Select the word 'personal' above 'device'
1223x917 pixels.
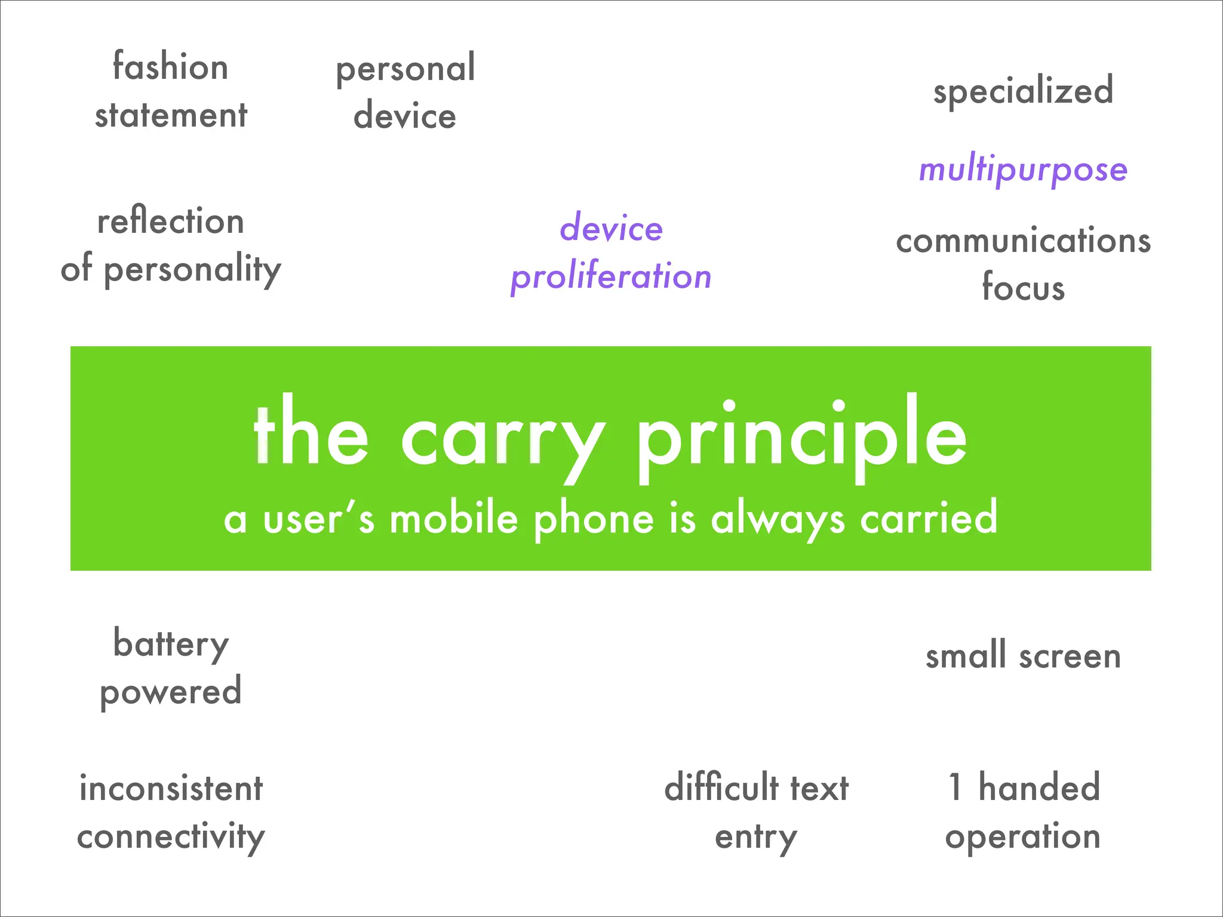[405, 69]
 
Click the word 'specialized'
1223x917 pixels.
[1023, 91]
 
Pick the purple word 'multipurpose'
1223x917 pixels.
[1023, 170]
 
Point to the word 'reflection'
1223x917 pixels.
[171, 221]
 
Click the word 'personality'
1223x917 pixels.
[192, 269]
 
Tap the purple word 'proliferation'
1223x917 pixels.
[611, 276]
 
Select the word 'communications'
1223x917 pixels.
[1023, 241]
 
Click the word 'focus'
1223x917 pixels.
[1023, 287]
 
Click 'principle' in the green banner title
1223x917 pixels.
[801, 436]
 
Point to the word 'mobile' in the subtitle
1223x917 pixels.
[453, 519]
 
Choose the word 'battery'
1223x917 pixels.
[171, 645]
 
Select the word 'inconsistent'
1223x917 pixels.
[171, 788]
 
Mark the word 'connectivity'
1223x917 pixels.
[171, 836]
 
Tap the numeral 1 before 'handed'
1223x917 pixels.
[955, 787]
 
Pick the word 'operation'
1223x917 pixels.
[1022, 836]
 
